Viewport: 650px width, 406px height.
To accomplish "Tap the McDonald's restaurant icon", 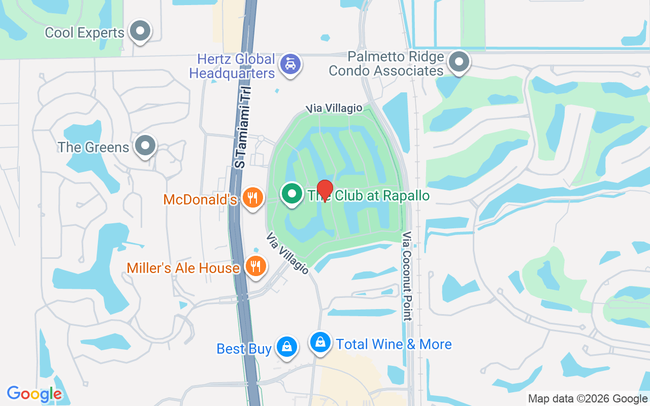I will tap(252, 197).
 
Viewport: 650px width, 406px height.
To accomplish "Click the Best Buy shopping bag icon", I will tap(287, 347).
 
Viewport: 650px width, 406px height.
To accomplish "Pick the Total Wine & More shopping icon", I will tap(320, 343).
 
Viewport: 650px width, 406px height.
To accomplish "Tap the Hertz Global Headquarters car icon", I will tap(290, 64).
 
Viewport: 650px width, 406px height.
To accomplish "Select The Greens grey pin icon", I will tap(145, 146).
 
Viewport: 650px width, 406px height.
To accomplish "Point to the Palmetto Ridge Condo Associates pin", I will tap(460, 62).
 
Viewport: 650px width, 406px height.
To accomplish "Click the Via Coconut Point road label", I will tap(407, 277).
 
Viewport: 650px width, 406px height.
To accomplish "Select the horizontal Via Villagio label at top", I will tap(334, 108).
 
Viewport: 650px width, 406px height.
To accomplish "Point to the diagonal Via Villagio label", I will tap(287, 253).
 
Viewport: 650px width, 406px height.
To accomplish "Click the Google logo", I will tap(34, 394).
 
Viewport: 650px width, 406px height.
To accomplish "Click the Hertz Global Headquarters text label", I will tap(232, 66).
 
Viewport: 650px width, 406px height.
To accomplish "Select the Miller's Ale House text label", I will tap(183, 268).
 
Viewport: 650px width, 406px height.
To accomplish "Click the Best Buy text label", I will tap(244, 349).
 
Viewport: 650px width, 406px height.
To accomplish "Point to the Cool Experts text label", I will tap(84, 33).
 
